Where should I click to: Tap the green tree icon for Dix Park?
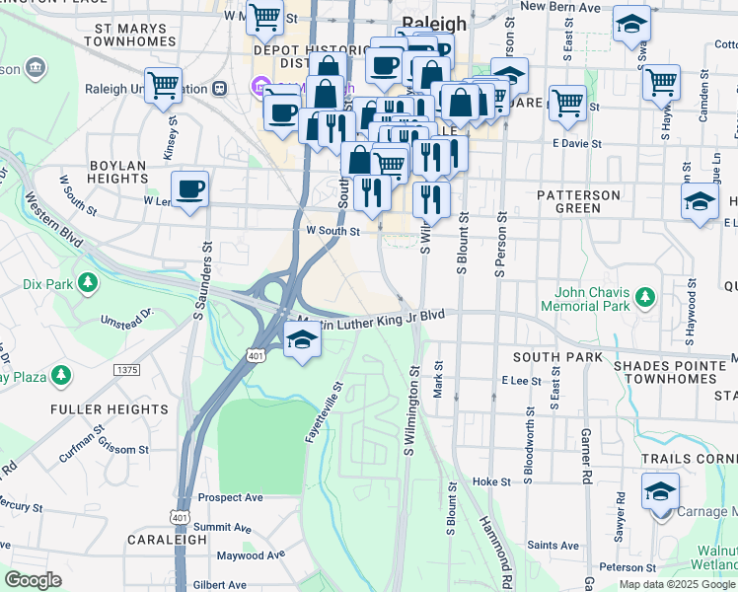coord(88,284)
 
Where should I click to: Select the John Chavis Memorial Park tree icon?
coord(645,297)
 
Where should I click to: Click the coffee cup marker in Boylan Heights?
coord(189,187)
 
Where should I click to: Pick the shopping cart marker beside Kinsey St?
coord(163,85)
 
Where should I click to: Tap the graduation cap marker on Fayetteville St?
coord(302,342)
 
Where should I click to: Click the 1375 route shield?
coord(126,370)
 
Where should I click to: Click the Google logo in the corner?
coord(34,580)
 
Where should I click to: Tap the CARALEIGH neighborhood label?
coord(167,541)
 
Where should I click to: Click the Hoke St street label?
coord(490,481)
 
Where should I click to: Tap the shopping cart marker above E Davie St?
coord(568,102)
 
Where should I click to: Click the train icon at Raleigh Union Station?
coord(220,87)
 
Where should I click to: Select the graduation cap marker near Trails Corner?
coord(659,490)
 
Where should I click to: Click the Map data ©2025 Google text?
coord(676,584)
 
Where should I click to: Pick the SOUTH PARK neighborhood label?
coord(543,356)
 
